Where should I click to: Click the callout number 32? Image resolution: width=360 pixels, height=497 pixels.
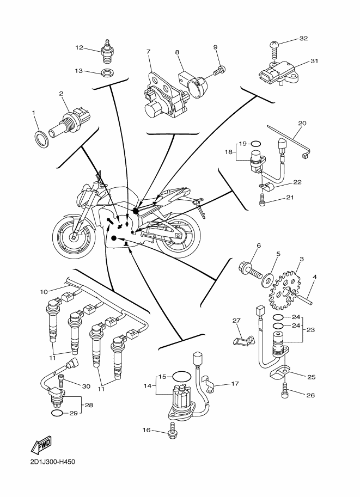pos(304,39)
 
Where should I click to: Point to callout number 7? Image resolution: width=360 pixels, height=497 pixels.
pos(148,52)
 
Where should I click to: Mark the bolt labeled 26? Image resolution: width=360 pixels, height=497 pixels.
pos(284,390)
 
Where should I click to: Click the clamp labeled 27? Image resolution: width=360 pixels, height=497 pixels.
pos(242,340)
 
